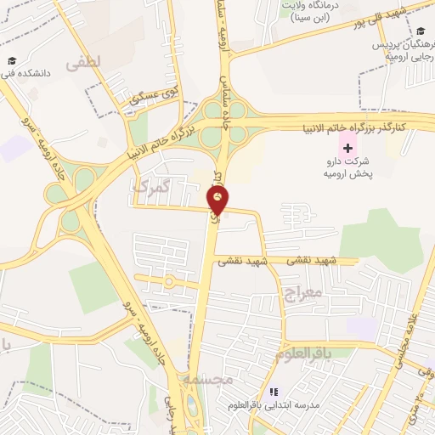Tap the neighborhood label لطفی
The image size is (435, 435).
click(x=88, y=61)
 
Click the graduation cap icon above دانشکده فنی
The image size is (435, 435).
click(x=12, y=61)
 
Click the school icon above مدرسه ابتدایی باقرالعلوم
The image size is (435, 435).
click(x=274, y=392)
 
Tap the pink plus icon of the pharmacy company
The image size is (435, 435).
click(x=347, y=148)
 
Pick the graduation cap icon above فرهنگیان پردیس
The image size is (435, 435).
click(x=421, y=32)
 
